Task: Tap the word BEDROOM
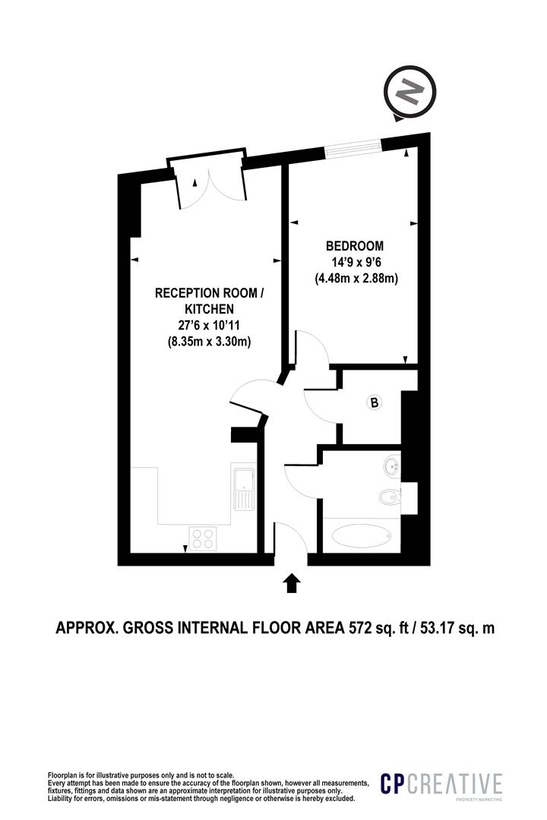coord(355,246)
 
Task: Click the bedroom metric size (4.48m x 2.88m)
coord(357,279)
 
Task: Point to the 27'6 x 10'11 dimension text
coord(210,326)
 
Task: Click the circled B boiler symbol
coord(374,403)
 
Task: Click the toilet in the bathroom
coord(387,498)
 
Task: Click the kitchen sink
coord(243,487)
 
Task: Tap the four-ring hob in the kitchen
coord(203,538)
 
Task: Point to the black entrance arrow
coord(292,582)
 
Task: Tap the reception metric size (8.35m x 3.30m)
coord(210,342)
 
